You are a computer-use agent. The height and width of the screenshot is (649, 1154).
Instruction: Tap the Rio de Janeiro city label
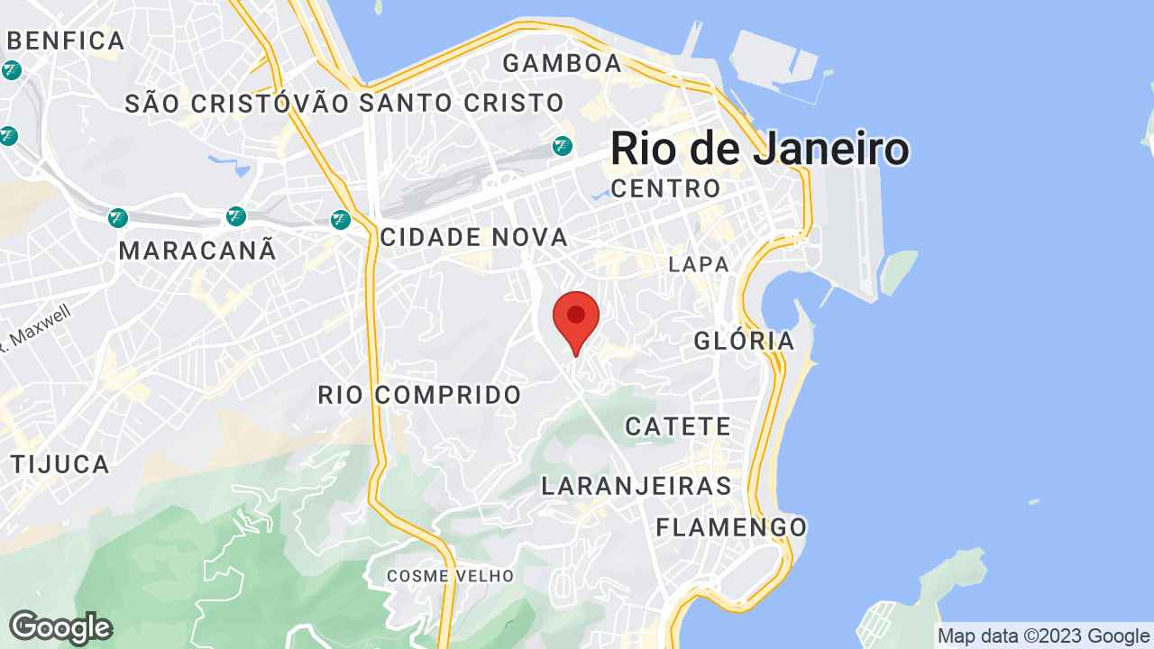(x=759, y=148)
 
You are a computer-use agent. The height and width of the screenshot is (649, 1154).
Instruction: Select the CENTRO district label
(x=666, y=188)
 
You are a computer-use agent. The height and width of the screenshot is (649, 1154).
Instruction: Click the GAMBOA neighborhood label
(x=563, y=63)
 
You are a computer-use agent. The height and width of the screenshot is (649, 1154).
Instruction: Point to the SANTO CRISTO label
(x=462, y=103)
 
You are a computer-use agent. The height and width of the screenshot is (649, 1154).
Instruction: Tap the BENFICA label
(x=66, y=41)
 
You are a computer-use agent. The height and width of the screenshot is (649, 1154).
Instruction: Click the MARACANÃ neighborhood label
(x=197, y=251)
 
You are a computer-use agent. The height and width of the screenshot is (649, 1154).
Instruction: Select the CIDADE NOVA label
(x=474, y=237)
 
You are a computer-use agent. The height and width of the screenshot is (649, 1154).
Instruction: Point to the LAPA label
(x=699, y=264)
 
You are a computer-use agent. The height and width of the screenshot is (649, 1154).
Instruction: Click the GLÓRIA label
(x=745, y=341)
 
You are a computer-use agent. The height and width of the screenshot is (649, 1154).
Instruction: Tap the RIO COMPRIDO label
(x=420, y=394)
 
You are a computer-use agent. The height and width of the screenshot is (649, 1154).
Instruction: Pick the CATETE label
(x=678, y=426)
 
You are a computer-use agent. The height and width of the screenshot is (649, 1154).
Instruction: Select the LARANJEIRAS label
(x=637, y=486)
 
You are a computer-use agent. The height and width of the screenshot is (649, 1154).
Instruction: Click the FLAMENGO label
(x=731, y=526)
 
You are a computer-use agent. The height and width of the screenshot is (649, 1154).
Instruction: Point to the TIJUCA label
(x=60, y=464)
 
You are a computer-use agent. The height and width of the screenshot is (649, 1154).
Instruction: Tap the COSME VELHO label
(x=451, y=575)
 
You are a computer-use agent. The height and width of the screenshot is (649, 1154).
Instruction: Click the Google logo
(x=60, y=627)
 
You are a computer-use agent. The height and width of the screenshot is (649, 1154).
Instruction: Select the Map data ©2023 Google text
(x=1043, y=636)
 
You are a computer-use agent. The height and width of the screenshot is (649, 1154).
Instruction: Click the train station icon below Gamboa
(x=563, y=145)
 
